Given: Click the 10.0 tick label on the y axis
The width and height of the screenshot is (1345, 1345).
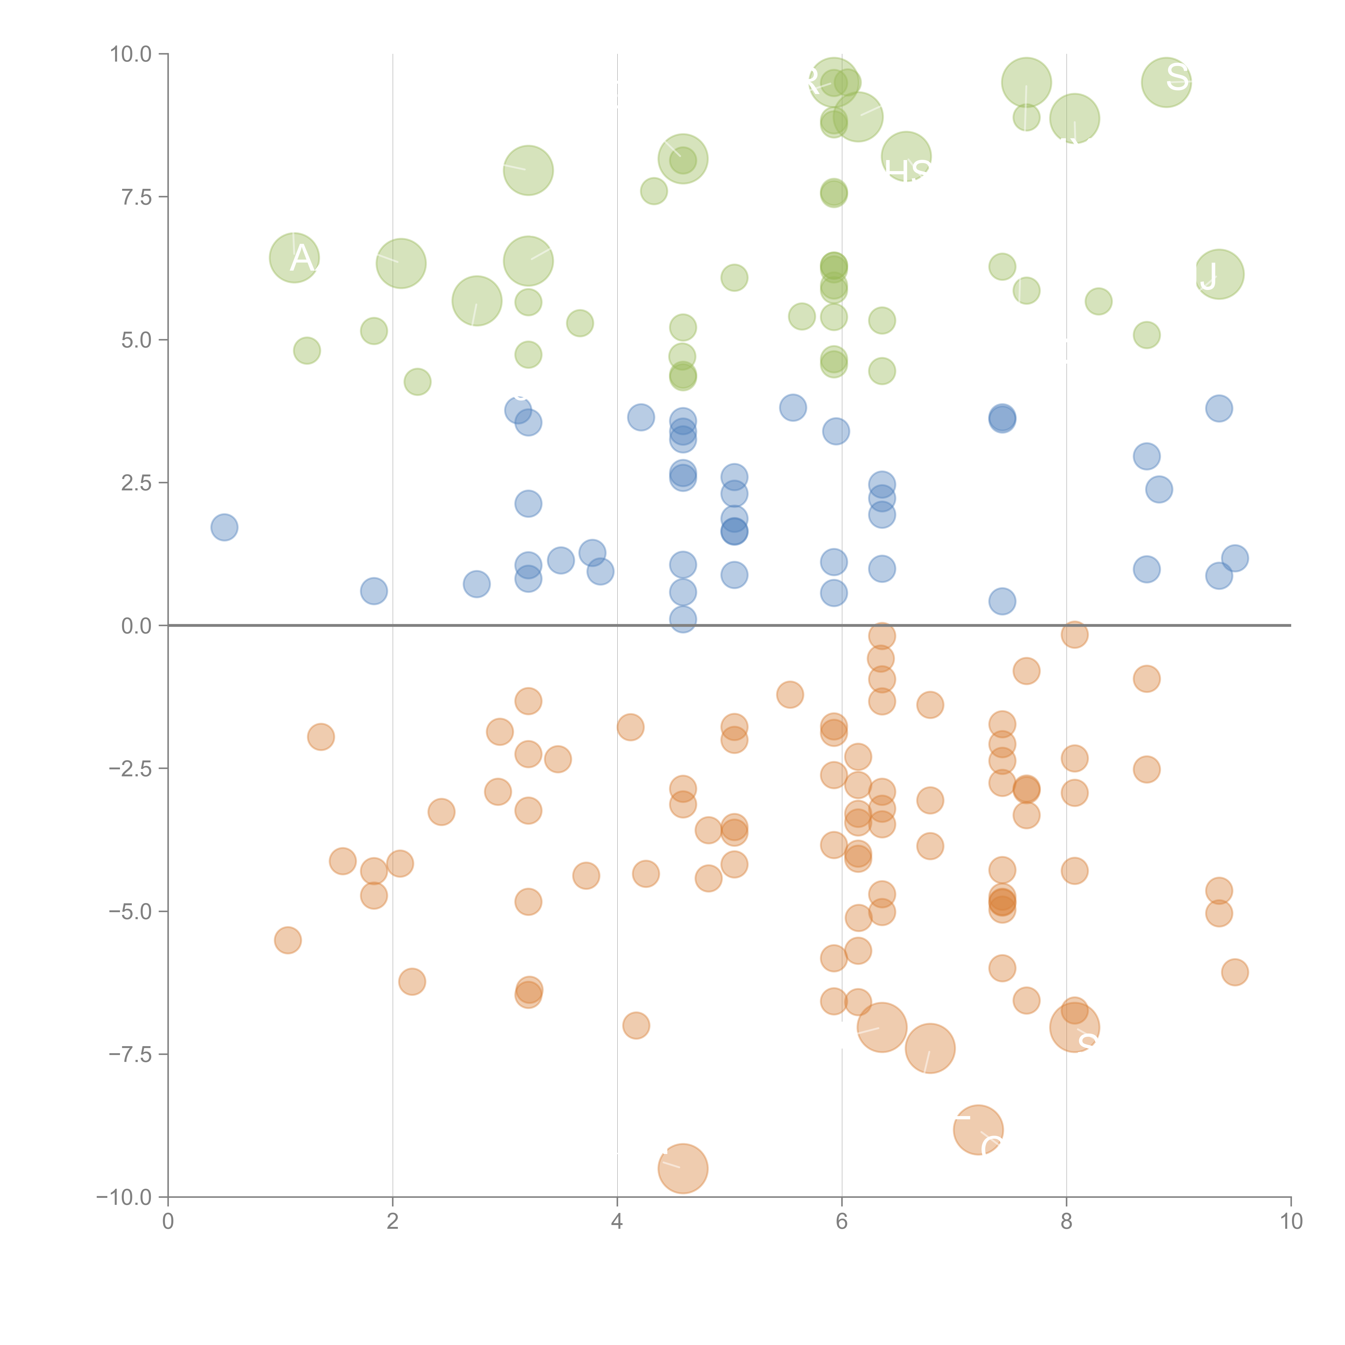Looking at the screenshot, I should click(x=131, y=54).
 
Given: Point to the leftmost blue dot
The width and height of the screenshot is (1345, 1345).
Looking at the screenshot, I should click(x=224, y=527).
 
